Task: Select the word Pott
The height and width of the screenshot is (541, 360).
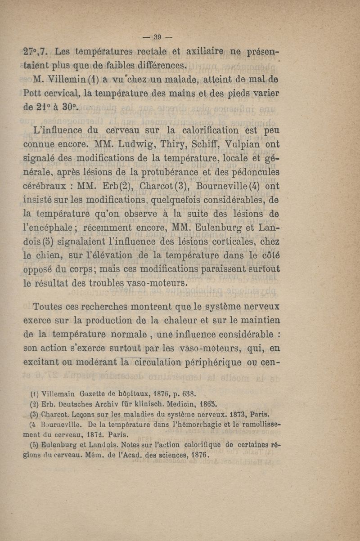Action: tap(34, 94)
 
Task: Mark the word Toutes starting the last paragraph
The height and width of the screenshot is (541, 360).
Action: tap(49, 308)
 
